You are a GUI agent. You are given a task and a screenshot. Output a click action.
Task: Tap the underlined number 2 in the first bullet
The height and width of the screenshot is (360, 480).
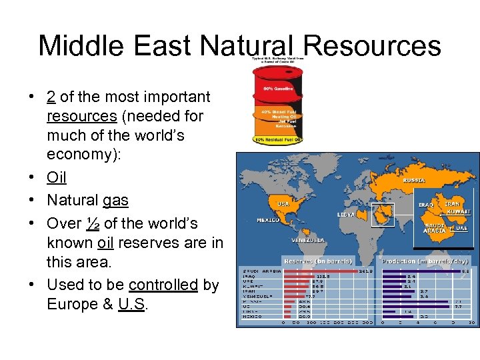coord(51,97)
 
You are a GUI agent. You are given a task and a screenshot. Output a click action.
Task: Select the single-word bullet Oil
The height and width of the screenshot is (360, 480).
coord(57,178)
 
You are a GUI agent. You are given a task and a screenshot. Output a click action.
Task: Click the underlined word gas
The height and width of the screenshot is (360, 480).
coord(115,200)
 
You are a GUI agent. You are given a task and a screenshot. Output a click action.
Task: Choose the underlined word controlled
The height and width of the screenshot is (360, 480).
coord(163,285)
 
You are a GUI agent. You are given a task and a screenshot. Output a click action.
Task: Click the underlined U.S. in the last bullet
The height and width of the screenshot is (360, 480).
coord(133,304)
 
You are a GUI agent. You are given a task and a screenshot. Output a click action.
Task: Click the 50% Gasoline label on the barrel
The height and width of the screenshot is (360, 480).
coord(277,89)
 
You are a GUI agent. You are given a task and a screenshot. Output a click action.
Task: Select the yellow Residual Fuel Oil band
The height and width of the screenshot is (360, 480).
coord(277,139)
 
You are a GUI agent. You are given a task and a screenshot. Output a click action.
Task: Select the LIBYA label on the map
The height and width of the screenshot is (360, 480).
coord(346,215)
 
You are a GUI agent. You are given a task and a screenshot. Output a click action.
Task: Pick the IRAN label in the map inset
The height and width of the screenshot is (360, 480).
coord(452,204)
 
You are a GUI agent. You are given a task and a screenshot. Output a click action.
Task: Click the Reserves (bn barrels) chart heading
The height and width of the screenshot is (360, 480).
coord(318,261)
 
